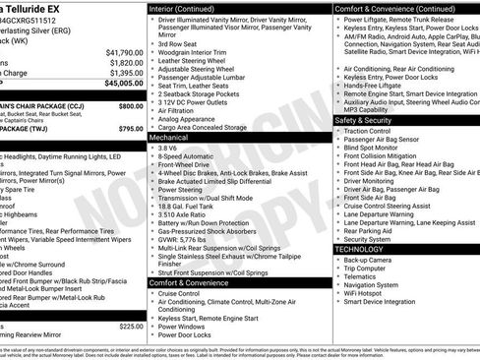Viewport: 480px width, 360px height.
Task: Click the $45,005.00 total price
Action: [x=118, y=84]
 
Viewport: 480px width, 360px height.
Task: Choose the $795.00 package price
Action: [x=130, y=129]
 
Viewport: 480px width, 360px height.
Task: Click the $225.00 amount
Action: [x=130, y=326]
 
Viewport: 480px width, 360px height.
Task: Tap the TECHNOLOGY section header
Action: [x=360, y=250]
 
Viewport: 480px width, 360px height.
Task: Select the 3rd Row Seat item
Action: [x=180, y=44]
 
